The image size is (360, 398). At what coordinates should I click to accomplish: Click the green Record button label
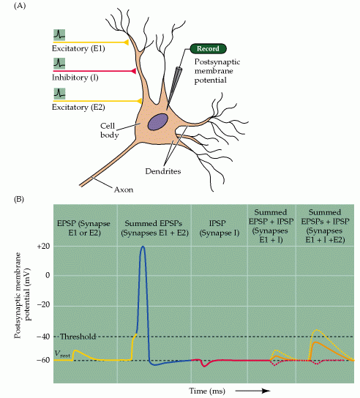coord(208,49)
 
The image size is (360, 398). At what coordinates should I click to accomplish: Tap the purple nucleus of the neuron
coord(158,122)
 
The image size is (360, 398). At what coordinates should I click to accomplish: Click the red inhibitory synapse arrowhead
coord(133,71)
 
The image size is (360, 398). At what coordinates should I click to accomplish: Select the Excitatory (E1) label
coord(78,48)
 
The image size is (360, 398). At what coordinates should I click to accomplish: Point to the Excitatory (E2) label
coord(78,107)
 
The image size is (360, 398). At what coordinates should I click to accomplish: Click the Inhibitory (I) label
coord(75,78)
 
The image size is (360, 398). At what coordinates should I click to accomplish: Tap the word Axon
coord(124,189)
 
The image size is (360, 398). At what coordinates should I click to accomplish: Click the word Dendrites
coord(163,171)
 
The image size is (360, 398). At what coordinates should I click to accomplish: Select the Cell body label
coord(109,130)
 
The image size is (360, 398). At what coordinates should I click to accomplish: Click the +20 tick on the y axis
coord(43,247)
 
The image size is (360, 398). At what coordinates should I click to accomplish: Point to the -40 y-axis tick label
coord(43,337)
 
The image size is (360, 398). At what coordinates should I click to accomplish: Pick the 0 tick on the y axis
coord(48,275)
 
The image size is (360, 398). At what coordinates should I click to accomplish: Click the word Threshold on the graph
coord(78,337)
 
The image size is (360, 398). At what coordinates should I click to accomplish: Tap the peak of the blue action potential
coord(143,247)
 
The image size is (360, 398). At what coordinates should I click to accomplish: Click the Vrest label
coord(62,354)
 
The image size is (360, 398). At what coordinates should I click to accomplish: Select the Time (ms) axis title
coord(207,391)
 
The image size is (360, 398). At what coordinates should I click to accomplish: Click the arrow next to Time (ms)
coord(252,391)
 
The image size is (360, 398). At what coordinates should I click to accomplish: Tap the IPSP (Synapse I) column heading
coord(220,228)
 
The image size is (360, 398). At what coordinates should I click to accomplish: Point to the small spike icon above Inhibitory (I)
coord(59,64)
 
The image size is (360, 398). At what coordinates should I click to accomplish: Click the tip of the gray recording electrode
coord(167,110)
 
